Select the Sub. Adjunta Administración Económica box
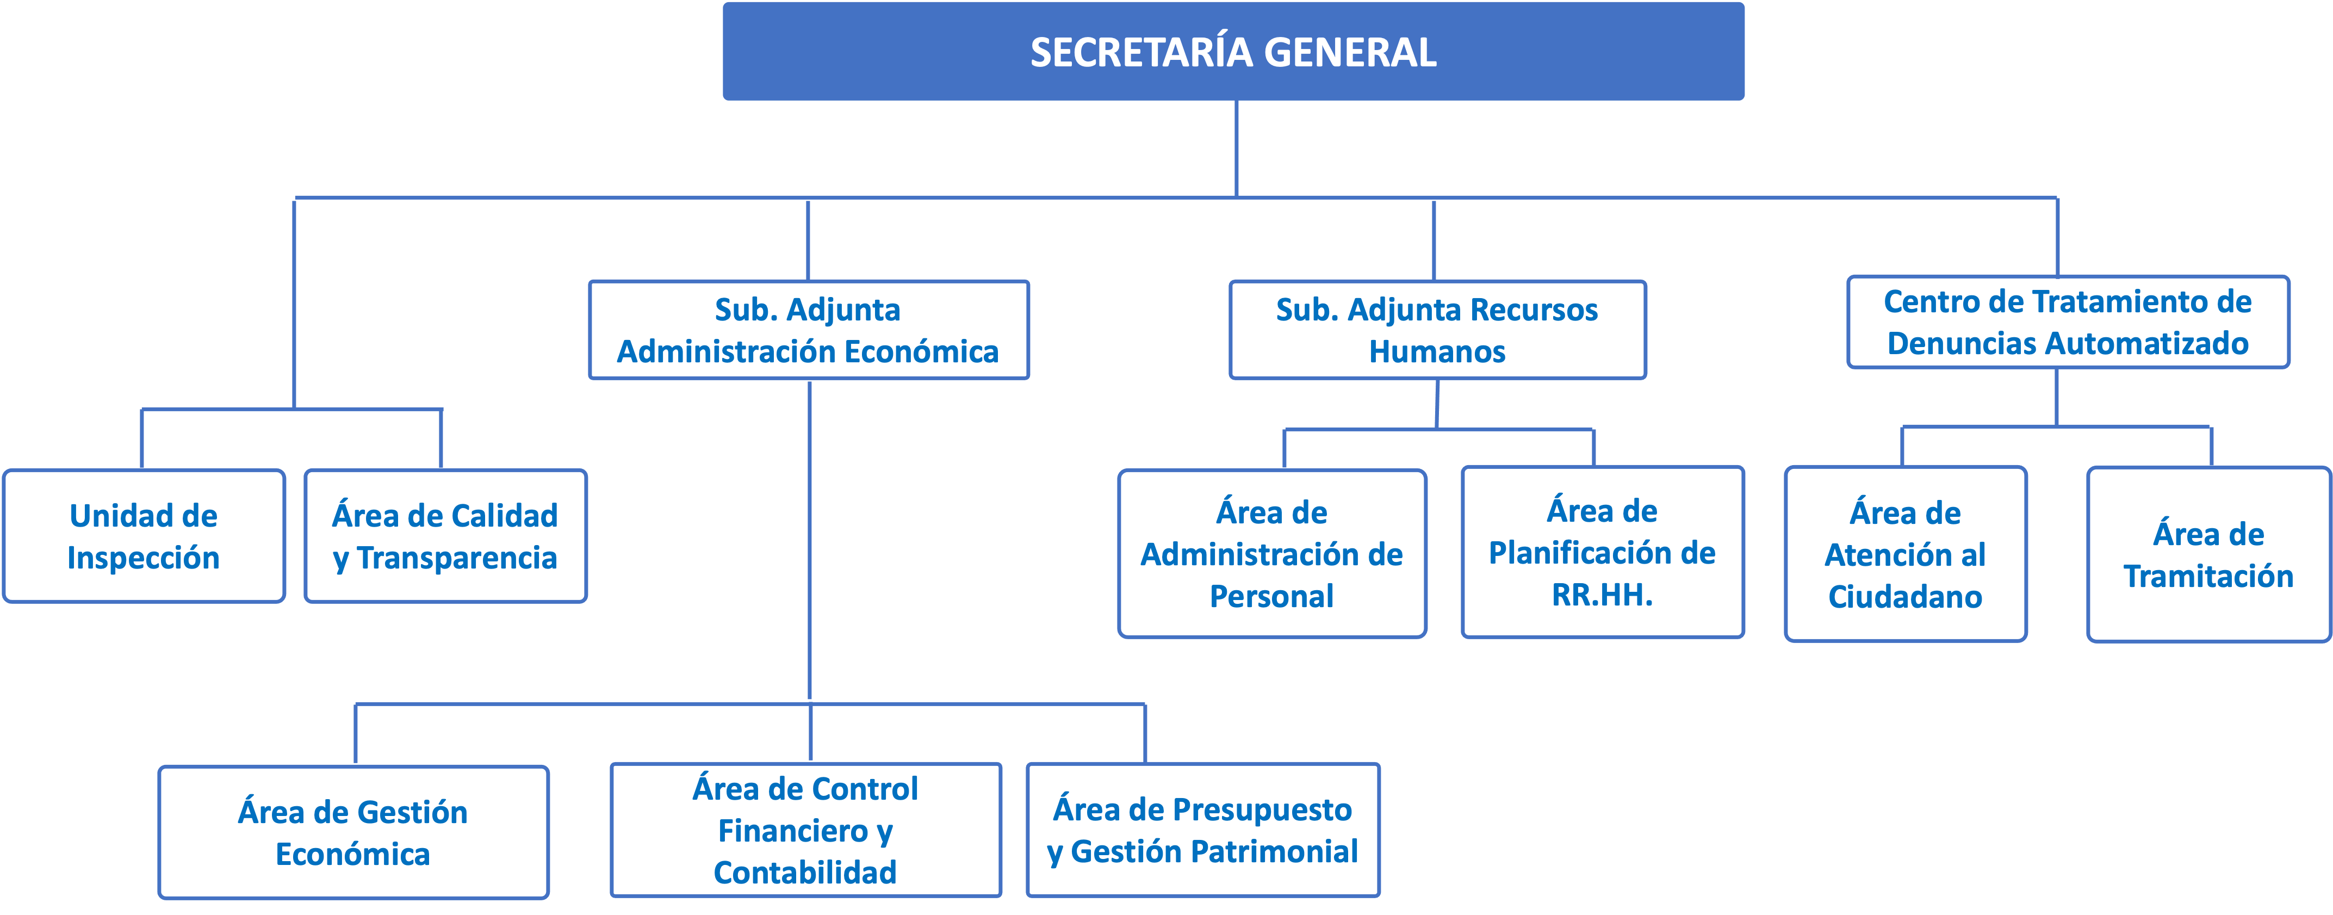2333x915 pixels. coord(808,330)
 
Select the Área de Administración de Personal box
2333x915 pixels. coord(1271,554)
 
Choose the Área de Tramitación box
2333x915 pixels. coord(2208,554)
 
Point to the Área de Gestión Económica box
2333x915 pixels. coord(353,832)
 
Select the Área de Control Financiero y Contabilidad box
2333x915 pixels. coord(805,830)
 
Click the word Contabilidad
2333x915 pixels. coord(805,873)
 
